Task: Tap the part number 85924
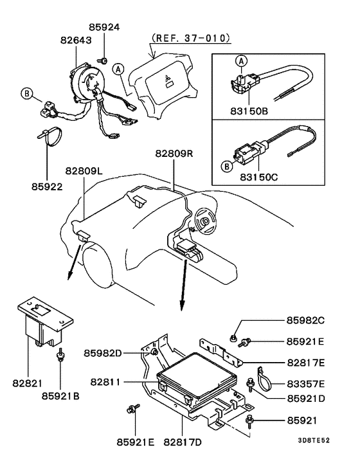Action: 105,28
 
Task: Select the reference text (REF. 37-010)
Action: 190,38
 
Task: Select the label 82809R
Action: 174,154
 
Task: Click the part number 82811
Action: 104,381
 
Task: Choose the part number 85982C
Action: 311,320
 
